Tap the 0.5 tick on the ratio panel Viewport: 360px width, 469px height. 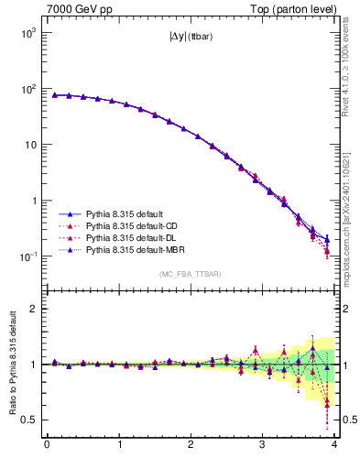(x=30, y=420)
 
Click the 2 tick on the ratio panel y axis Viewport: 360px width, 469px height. (x=35, y=309)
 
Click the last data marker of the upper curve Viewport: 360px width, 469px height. (x=327, y=240)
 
